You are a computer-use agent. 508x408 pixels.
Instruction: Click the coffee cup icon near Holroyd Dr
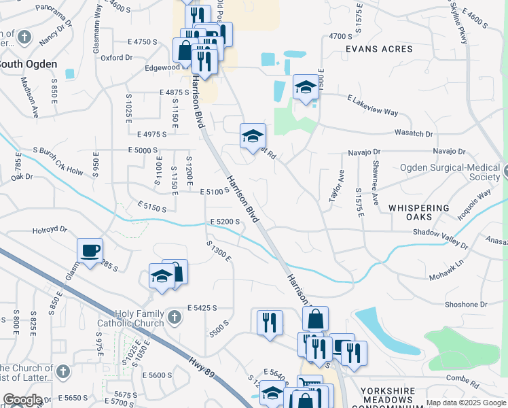[x=90, y=250]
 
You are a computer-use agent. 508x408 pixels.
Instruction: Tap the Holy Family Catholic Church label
[x=140, y=318]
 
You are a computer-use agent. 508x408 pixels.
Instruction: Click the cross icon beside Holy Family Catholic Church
[x=175, y=317]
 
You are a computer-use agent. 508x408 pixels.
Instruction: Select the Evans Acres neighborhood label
[x=379, y=49]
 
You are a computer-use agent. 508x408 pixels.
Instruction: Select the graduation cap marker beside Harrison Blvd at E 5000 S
[x=253, y=136]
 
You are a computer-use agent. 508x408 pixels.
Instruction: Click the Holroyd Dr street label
[x=50, y=231]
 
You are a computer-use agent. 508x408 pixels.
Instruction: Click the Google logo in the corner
[x=22, y=400]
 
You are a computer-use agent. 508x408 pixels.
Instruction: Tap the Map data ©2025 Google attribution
[x=466, y=403]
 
